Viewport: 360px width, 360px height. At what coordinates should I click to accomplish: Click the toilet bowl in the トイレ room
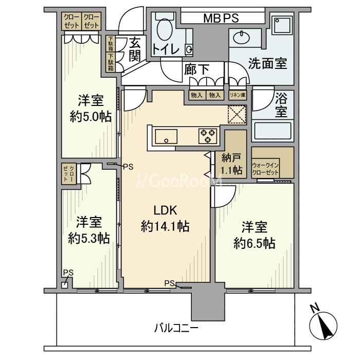(x=165, y=29)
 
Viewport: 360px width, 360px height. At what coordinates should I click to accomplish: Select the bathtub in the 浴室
(x=273, y=132)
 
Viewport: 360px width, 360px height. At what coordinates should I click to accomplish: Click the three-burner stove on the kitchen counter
(x=208, y=136)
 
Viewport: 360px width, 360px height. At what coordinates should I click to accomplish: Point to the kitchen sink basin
(x=166, y=136)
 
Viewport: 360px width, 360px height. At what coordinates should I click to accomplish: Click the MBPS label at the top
(x=221, y=19)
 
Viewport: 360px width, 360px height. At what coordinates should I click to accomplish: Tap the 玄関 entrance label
(x=135, y=49)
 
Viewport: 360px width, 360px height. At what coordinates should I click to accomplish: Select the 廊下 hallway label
(x=197, y=69)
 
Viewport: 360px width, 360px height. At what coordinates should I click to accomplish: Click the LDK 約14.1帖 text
(x=165, y=219)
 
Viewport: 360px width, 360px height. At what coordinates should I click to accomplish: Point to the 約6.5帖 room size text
(x=255, y=243)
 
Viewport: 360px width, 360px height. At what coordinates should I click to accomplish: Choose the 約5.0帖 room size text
(x=91, y=117)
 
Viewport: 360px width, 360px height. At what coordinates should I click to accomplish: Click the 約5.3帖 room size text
(x=89, y=238)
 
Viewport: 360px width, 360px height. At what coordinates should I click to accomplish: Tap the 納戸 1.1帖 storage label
(x=231, y=164)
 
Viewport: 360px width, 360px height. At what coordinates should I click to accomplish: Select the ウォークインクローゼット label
(x=265, y=169)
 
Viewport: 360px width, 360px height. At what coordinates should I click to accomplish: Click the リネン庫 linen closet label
(x=238, y=95)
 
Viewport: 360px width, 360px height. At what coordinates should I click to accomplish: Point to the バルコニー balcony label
(x=176, y=328)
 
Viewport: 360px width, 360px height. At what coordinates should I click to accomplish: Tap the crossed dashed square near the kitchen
(x=237, y=115)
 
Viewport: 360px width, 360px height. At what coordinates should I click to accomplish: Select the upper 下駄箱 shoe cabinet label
(x=111, y=44)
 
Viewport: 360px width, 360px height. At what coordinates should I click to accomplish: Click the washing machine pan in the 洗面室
(x=282, y=25)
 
